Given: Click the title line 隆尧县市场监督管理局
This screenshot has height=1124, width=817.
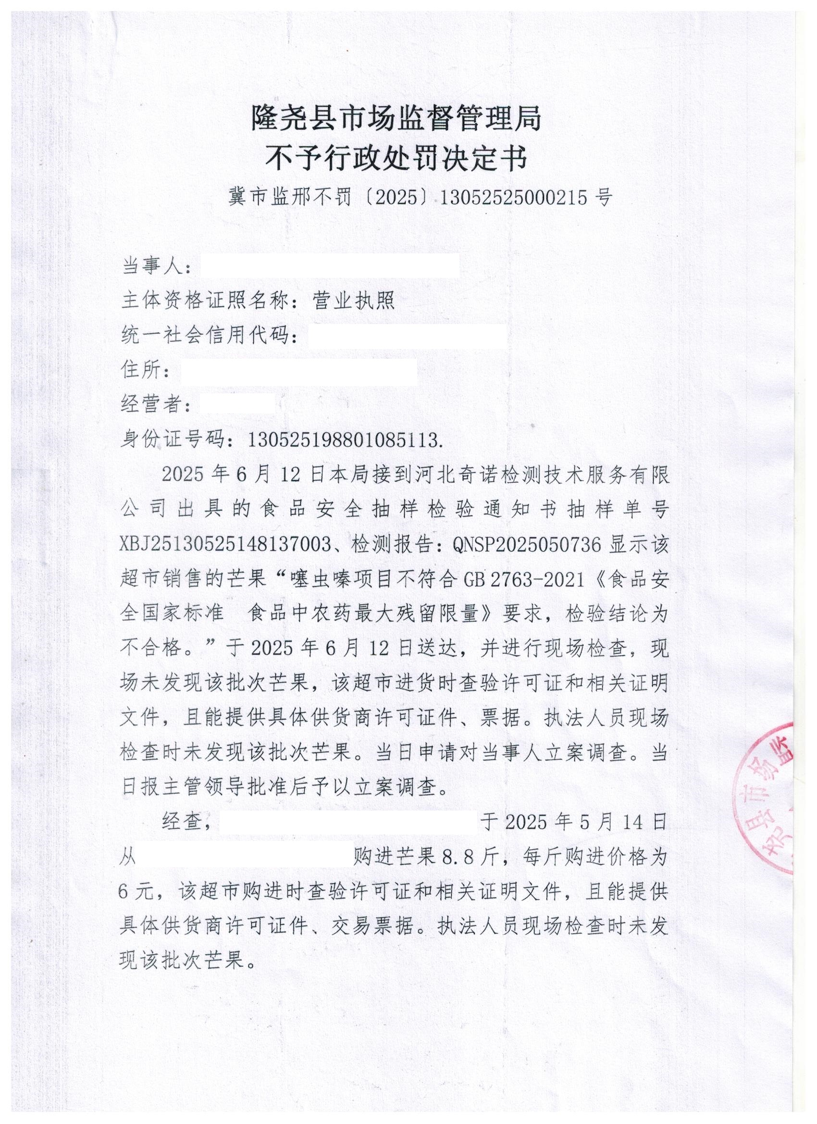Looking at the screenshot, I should (396, 118).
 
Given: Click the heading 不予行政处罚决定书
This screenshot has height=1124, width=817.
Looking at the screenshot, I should (396, 159).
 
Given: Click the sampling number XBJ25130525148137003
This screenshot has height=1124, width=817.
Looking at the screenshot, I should (226, 545).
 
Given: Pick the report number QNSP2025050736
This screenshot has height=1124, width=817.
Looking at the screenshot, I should (526, 545).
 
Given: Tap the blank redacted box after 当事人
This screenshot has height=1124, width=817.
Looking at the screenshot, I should (329, 267).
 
